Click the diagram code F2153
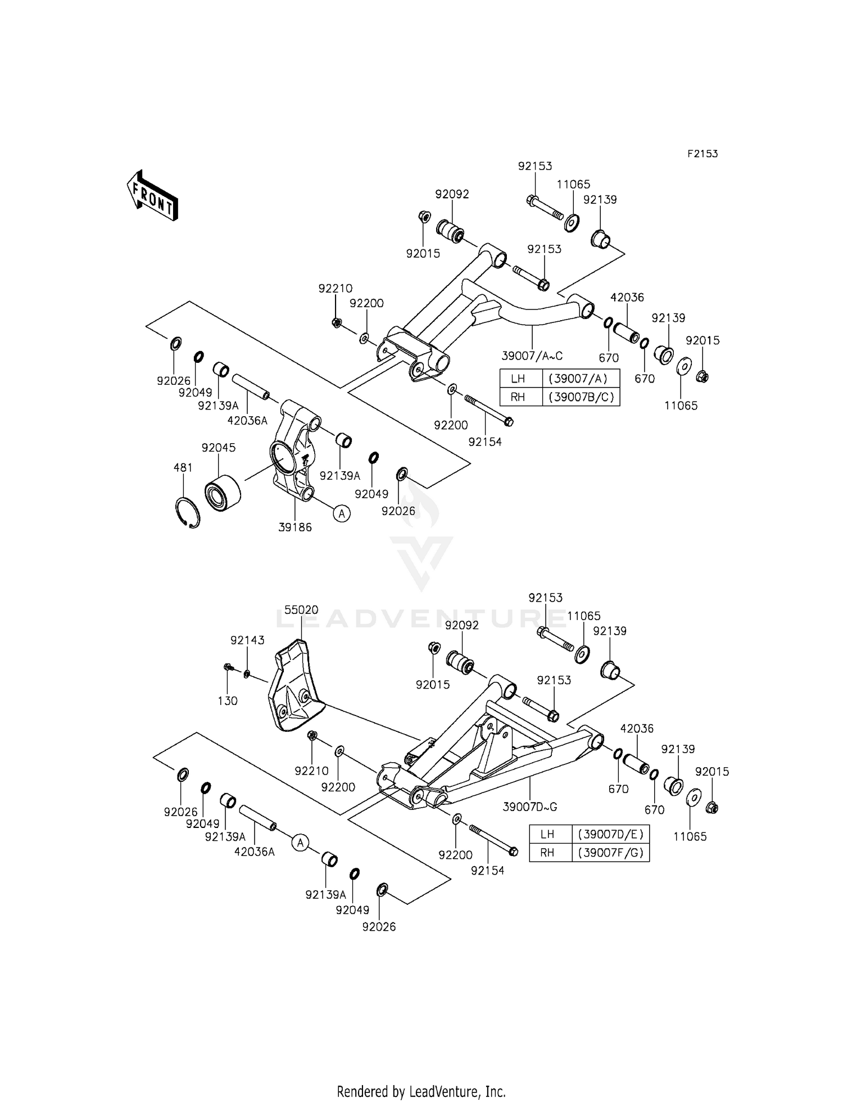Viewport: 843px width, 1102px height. coord(703,153)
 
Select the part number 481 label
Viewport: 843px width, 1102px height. coord(183,467)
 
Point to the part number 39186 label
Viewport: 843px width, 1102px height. coord(294,527)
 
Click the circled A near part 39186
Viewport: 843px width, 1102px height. coord(342,512)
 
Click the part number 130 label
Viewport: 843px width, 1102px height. coord(228,700)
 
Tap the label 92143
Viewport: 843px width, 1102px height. coord(247,640)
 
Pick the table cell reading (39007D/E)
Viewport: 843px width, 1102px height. coord(610,834)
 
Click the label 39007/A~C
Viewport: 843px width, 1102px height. coord(532,356)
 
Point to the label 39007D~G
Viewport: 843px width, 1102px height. coord(529,807)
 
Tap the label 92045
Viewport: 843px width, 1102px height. coord(219,448)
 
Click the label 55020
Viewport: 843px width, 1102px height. coord(301,609)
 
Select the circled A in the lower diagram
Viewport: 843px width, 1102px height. coord(300,842)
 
